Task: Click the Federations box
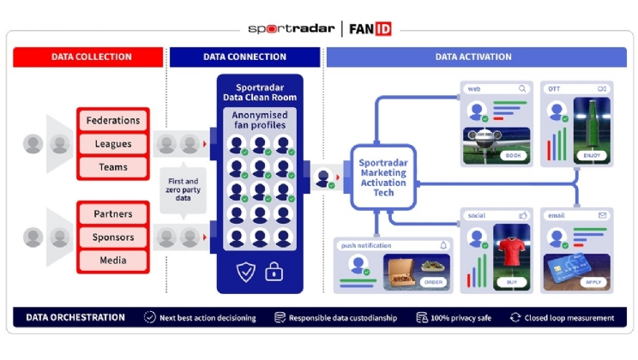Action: tap(113, 121)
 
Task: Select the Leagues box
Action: tap(113, 144)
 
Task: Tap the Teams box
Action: tap(113, 168)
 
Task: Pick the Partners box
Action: tap(113, 213)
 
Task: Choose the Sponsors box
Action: tap(113, 237)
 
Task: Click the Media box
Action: tap(113, 260)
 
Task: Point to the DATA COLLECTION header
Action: tap(90, 57)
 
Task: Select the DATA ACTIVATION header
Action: tap(473, 57)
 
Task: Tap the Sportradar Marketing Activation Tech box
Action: tap(383, 177)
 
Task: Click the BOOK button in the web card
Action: tap(514, 156)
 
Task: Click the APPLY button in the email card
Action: tap(591, 281)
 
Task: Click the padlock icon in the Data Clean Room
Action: tap(274, 273)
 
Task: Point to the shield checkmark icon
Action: tap(246, 273)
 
